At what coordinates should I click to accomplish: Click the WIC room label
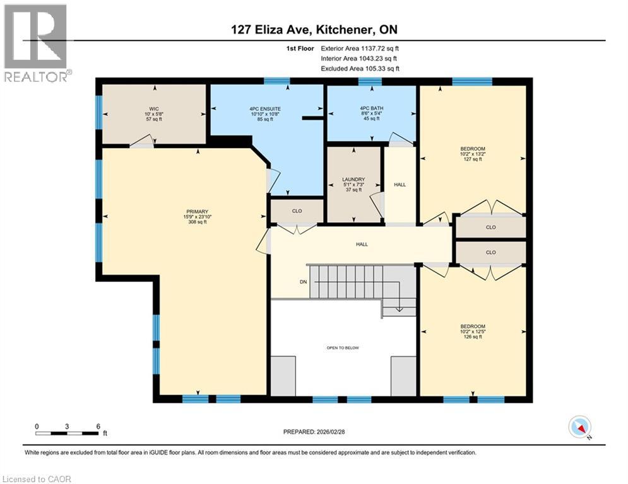point(151,108)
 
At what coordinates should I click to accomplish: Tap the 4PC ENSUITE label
point(265,108)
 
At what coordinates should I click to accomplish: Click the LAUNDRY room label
point(353,178)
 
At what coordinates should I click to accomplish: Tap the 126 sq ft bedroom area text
point(473,336)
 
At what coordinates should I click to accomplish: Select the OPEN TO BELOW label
point(343,347)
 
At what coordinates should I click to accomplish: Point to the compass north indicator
point(579,428)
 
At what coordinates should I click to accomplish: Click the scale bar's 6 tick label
point(98,425)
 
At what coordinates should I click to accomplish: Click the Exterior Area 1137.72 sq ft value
point(360,48)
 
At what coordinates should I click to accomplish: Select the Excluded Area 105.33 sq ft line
point(360,69)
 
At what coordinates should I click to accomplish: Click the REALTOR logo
point(36,43)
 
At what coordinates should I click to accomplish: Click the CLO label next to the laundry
point(296,212)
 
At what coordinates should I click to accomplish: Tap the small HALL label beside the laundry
point(400,185)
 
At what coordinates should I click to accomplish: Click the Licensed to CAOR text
point(37,479)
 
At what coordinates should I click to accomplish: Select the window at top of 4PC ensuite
point(276,81)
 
